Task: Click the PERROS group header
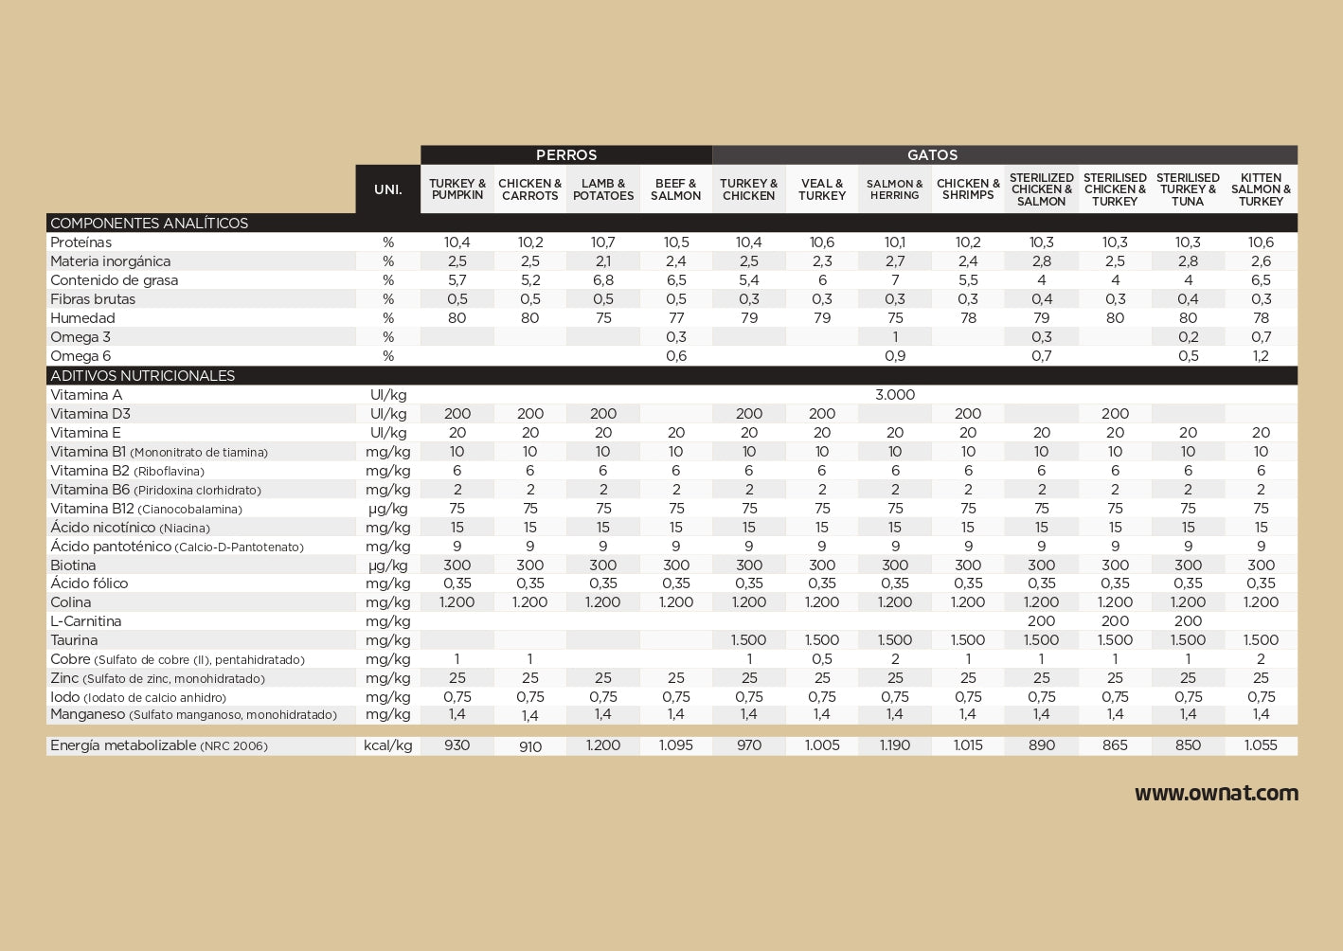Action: click(566, 155)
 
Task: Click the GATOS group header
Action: click(932, 155)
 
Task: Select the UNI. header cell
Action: click(387, 189)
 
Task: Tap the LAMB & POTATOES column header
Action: click(603, 189)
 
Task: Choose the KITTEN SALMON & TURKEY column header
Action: click(1261, 189)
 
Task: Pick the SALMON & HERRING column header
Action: click(895, 189)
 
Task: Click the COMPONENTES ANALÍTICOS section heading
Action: click(150, 224)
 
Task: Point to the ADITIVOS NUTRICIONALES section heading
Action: click(143, 376)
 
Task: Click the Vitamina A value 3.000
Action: click(895, 395)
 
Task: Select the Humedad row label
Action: click(83, 318)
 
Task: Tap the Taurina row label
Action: click(74, 640)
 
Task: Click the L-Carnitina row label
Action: click(86, 621)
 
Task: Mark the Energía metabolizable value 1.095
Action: click(676, 745)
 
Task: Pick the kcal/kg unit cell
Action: click(387, 745)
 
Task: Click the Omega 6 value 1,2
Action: click(1261, 356)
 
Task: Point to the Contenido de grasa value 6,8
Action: click(603, 280)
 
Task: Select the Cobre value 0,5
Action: click(822, 659)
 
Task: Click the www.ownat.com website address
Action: click(1216, 794)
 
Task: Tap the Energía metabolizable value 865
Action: click(1115, 745)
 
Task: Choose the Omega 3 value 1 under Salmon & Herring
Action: click(895, 337)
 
